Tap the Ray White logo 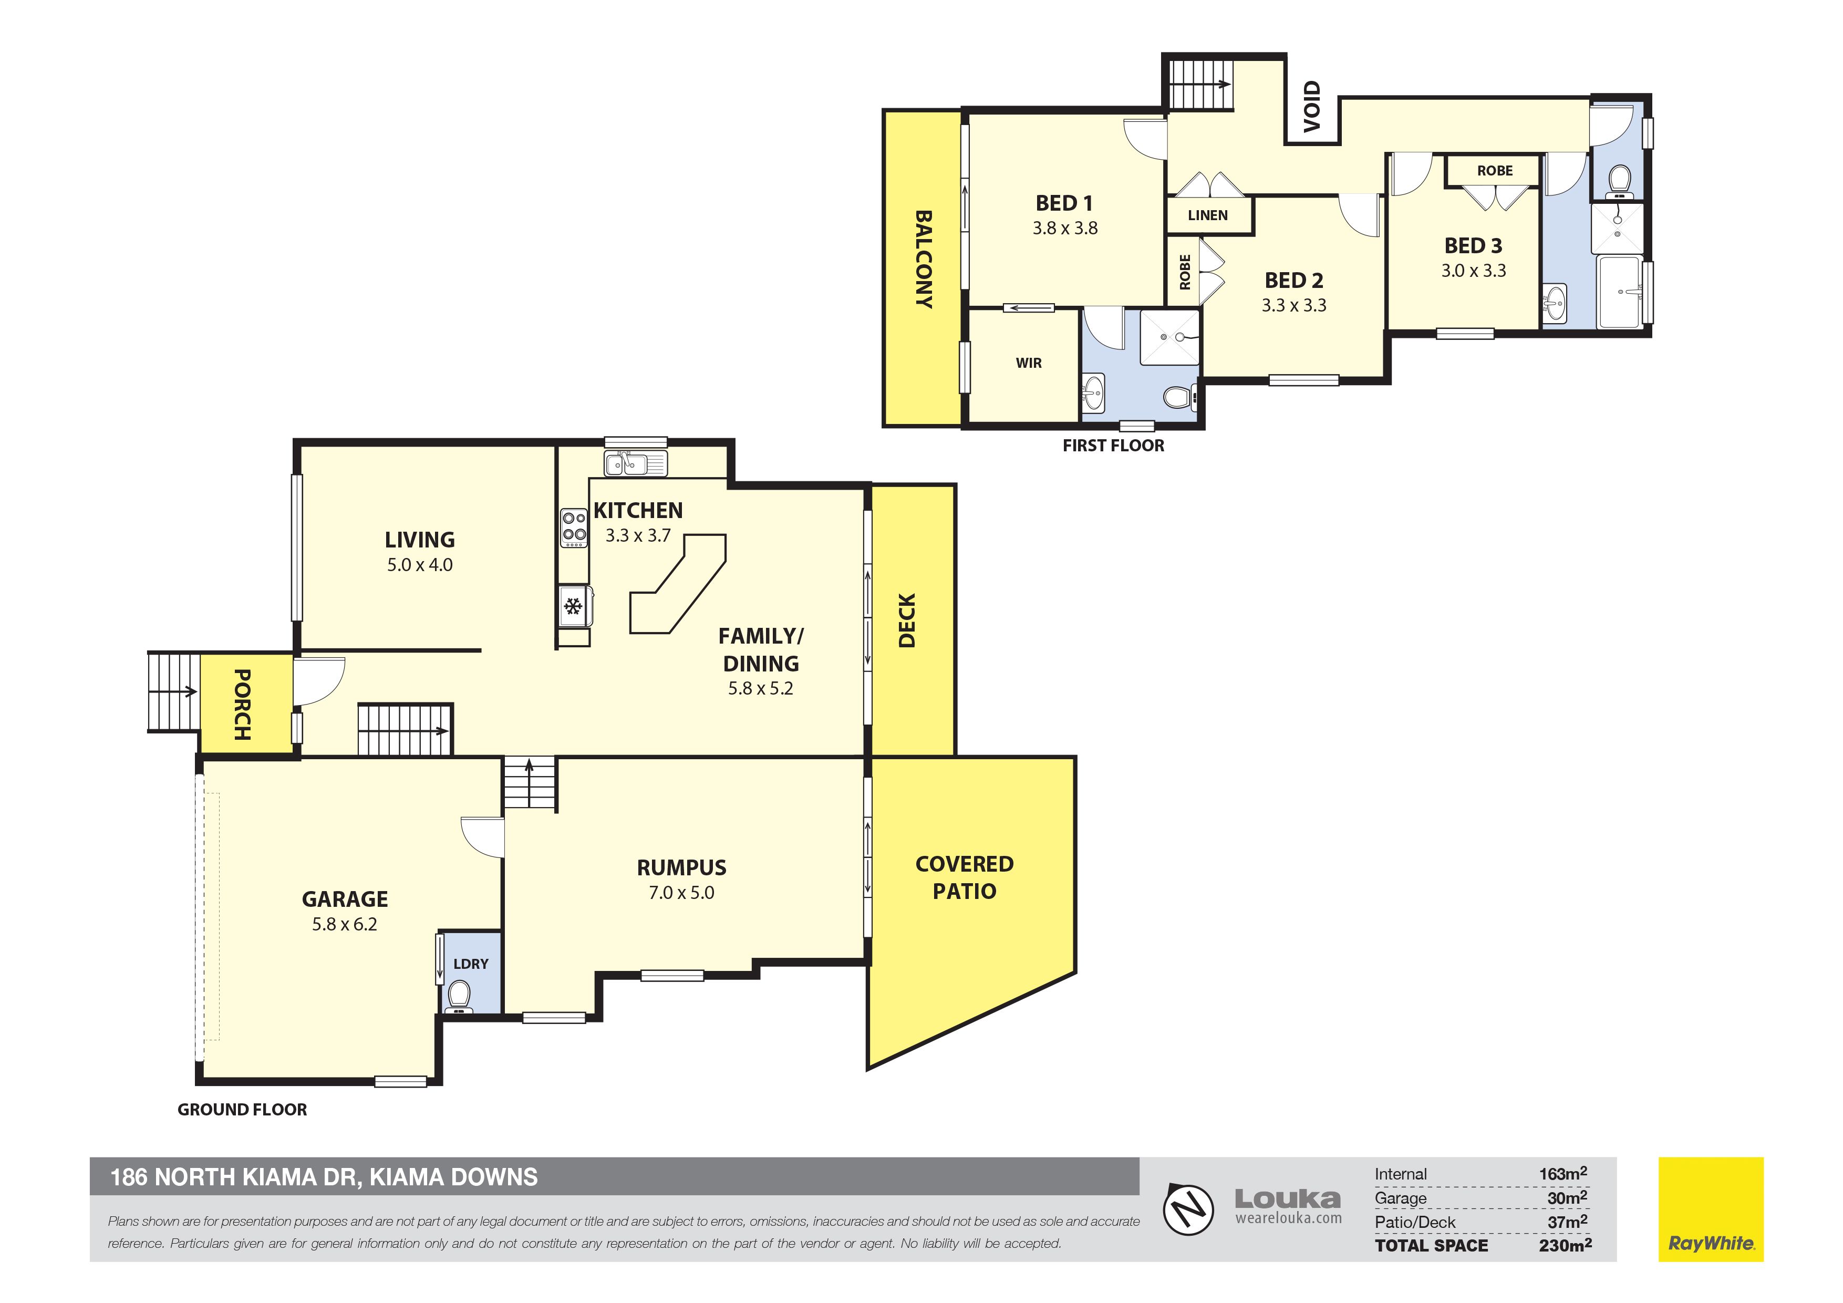click(1711, 1209)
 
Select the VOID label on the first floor click(1312, 106)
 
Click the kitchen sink click(636, 464)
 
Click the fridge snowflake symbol click(573, 606)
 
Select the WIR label click(1028, 363)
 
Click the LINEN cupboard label click(1207, 215)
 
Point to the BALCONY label click(924, 260)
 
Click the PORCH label click(242, 704)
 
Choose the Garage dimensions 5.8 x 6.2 click(344, 924)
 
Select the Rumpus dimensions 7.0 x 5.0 click(681, 893)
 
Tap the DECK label click(906, 621)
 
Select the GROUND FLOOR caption click(242, 1110)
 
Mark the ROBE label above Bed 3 click(1495, 171)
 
